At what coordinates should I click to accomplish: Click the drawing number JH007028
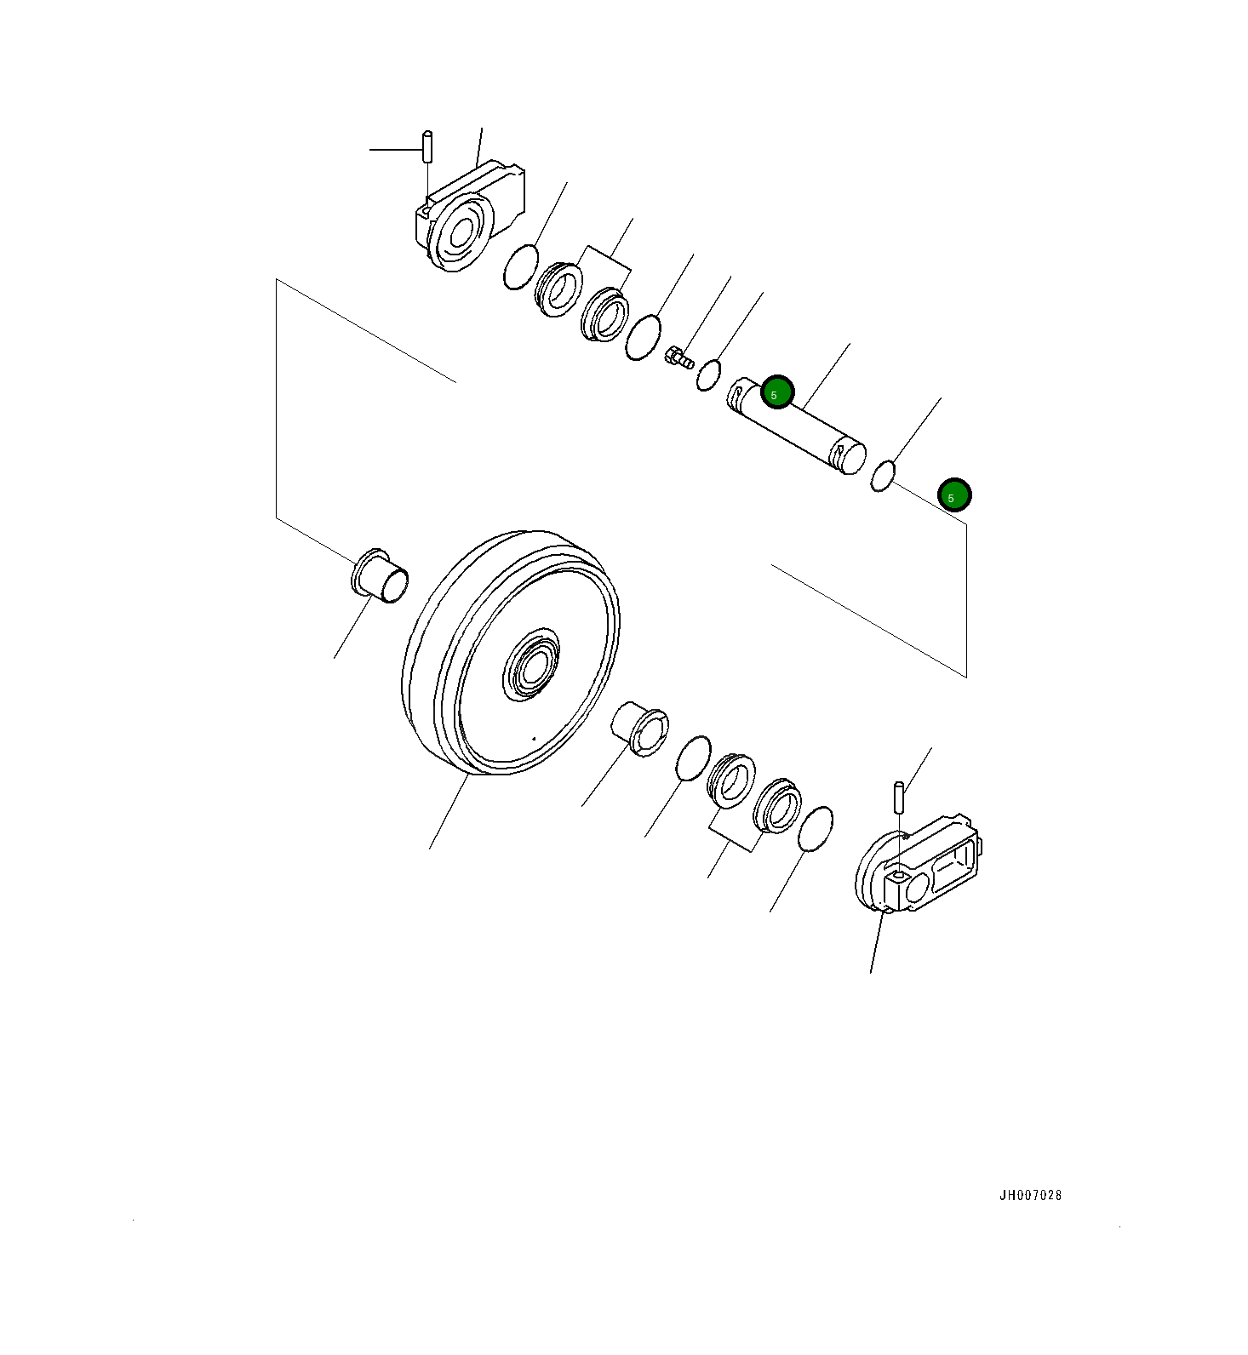(1030, 1195)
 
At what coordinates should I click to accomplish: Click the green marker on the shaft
(776, 392)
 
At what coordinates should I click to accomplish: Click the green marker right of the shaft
(953, 495)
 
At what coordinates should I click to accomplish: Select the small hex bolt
(678, 357)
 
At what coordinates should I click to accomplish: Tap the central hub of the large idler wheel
(532, 665)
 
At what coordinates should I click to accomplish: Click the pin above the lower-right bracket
(898, 797)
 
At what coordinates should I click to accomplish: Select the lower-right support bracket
(919, 868)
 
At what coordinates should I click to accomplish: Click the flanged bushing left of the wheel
(380, 576)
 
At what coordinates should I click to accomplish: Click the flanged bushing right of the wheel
(641, 729)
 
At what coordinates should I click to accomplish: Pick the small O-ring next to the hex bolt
(709, 375)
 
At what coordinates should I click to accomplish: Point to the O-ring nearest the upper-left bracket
(520, 266)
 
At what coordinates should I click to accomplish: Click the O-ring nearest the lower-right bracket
(816, 829)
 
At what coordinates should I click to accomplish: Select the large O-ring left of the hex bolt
(643, 337)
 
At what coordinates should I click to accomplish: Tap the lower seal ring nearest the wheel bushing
(731, 780)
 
